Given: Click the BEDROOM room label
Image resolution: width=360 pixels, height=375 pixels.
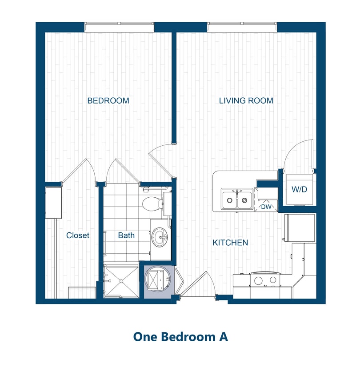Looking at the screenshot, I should [108, 101].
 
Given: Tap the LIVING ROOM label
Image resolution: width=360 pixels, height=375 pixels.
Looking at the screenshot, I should [246, 101].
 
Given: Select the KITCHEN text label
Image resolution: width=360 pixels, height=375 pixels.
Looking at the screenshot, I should [230, 243].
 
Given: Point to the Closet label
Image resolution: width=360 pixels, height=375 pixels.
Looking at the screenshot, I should [78, 235].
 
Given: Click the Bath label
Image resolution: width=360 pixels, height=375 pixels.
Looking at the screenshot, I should [126, 235].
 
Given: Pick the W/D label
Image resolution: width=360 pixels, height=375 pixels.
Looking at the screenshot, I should [299, 190].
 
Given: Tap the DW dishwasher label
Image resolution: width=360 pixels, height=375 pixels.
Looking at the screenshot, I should [265, 206].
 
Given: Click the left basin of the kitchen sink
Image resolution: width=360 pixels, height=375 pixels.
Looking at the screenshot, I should [230, 199].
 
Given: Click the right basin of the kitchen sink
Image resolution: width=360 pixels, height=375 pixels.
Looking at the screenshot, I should [244, 199].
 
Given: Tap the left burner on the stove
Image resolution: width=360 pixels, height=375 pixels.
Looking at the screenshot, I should [258, 280].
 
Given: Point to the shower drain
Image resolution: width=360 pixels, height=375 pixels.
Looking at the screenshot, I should [120, 281].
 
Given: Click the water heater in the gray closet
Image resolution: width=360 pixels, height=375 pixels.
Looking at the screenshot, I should [157, 280].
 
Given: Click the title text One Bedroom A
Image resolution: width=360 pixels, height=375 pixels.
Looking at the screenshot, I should [180, 336].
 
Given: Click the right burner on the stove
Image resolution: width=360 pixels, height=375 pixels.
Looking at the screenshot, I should [273, 280].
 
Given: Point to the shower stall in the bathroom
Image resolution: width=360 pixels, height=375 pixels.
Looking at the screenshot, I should [120, 281].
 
